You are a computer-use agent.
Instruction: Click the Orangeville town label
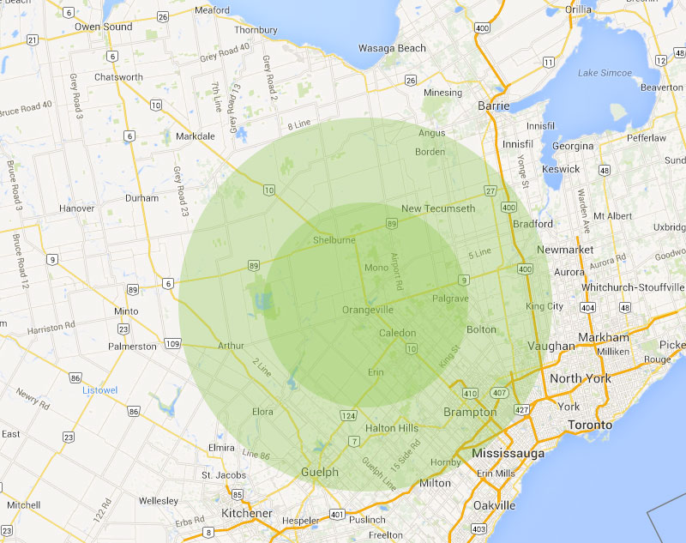click(367, 310)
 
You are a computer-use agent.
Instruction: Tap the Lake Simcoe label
click(605, 73)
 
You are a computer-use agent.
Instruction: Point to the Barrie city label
click(493, 106)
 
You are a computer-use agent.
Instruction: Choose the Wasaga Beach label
click(391, 48)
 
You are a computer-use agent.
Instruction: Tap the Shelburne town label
click(334, 240)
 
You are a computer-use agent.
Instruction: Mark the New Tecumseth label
click(438, 209)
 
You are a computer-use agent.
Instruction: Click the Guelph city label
click(319, 473)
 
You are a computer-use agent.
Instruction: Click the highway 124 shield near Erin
click(349, 416)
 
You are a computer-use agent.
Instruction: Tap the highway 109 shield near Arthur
click(171, 344)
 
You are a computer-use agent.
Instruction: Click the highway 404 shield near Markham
click(587, 306)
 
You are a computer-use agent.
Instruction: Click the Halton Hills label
click(391, 428)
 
